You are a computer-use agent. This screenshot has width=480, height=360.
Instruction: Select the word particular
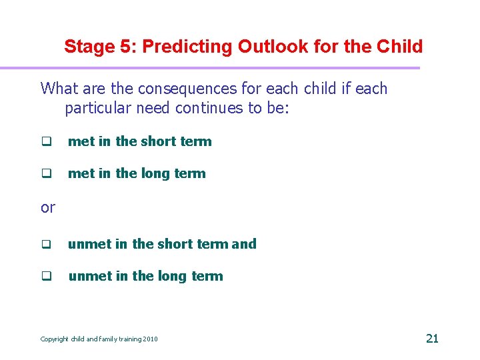click(98, 108)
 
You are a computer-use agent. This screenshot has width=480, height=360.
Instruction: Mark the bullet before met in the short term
click(47, 142)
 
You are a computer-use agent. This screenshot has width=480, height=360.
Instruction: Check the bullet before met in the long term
click(47, 174)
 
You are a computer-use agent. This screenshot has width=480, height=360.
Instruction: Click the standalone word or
click(47, 207)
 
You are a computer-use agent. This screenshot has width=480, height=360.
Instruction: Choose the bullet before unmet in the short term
click(47, 245)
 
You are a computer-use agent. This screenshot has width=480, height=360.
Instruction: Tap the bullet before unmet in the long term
click(47, 277)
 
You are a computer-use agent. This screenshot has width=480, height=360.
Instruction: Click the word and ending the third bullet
click(244, 244)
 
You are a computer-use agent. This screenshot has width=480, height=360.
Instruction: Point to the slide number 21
click(432, 338)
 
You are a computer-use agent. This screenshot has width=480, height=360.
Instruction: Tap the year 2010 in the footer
click(151, 339)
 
